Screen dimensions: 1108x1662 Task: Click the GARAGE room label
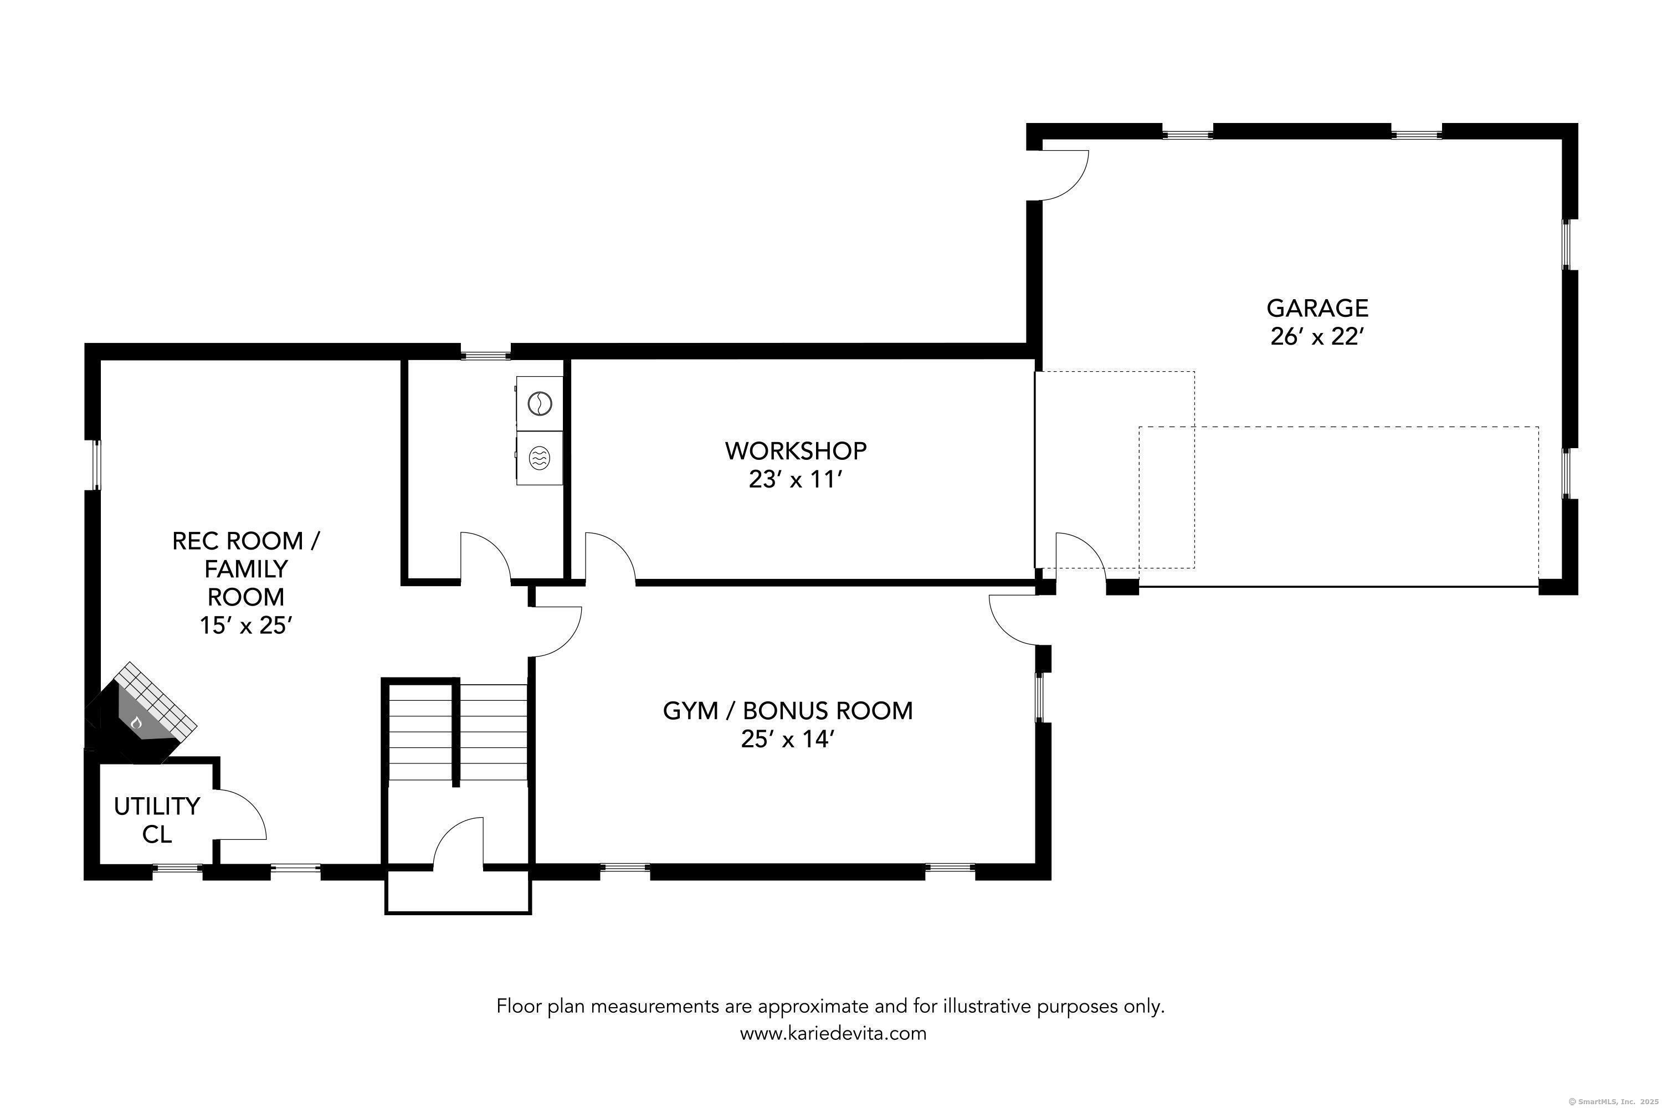(x=1317, y=308)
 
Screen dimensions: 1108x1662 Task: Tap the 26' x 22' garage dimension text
(x=1316, y=337)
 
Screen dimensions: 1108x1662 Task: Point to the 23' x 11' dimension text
(x=796, y=480)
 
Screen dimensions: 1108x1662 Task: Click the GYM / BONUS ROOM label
(x=787, y=710)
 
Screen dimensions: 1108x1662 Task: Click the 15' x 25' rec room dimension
(x=246, y=625)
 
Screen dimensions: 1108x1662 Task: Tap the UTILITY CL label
(x=157, y=820)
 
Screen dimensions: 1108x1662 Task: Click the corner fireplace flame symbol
(x=136, y=722)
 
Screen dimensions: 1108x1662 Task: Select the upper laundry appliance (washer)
(x=539, y=403)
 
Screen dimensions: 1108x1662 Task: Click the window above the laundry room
(x=485, y=351)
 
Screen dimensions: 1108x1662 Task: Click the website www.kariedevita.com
(x=833, y=1033)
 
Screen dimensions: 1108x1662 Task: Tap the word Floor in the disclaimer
(x=520, y=1006)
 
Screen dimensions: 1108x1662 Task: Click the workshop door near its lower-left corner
(x=609, y=558)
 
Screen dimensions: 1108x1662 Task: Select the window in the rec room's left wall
(x=95, y=464)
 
